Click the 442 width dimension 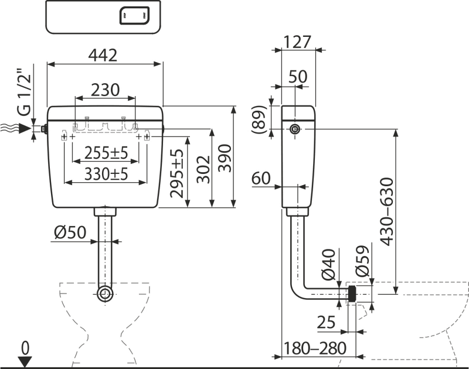coord(105,56)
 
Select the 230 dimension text coord(106,91)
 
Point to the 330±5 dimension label coord(106,174)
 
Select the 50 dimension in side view coord(298,76)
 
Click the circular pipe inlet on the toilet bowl coord(106,293)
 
